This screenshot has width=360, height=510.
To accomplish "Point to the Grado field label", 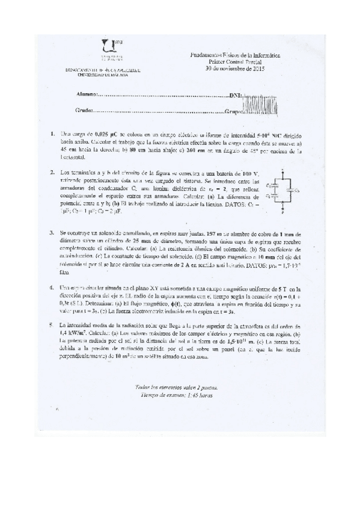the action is [84, 111].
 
